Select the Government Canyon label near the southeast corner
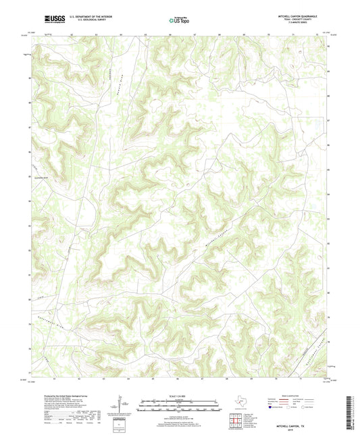click(x=315, y=346)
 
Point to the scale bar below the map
click(x=180, y=405)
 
